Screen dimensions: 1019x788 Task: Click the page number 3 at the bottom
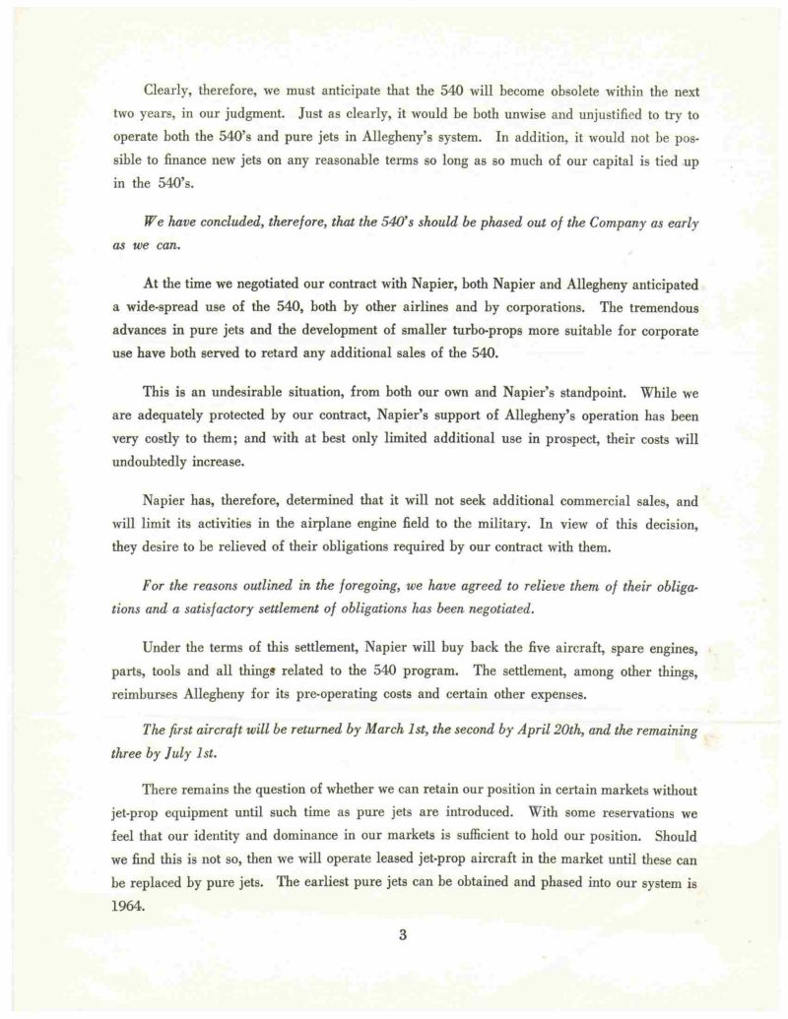click(403, 935)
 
